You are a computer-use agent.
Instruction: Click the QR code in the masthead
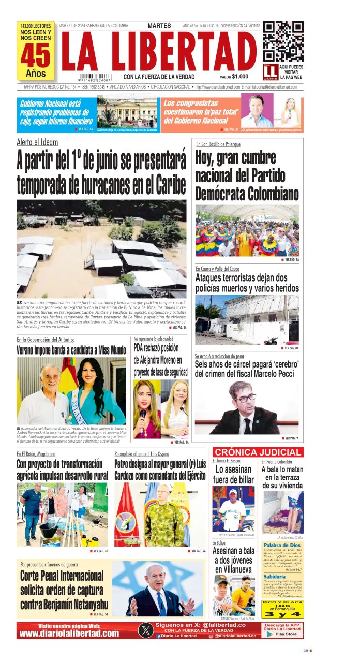click(x=283, y=41)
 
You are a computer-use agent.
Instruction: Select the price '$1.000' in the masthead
click(x=241, y=77)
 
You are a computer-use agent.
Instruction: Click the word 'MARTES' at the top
click(x=159, y=25)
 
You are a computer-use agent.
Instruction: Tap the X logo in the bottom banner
click(x=146, y=630)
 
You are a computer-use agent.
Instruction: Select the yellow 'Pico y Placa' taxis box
click(x=282, y=610)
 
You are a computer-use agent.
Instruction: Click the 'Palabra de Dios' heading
click(x=282, y=545)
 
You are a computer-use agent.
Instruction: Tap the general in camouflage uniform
click(x=163, y=518)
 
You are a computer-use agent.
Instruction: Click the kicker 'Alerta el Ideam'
click(x=37, y=142)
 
